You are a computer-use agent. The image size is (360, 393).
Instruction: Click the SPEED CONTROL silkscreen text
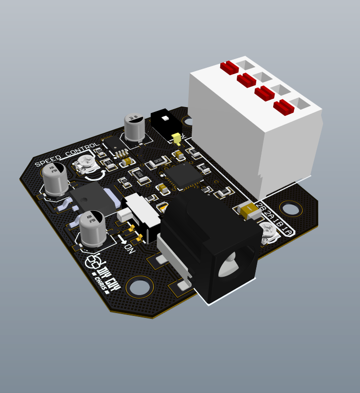[67, 155]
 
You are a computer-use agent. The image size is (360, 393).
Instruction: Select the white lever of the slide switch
[124, 214]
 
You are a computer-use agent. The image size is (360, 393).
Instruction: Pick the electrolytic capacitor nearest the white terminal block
[134, 127]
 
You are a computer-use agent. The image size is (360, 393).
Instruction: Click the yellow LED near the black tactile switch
[177, 139]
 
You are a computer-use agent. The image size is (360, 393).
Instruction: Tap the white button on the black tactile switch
[165, 118]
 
